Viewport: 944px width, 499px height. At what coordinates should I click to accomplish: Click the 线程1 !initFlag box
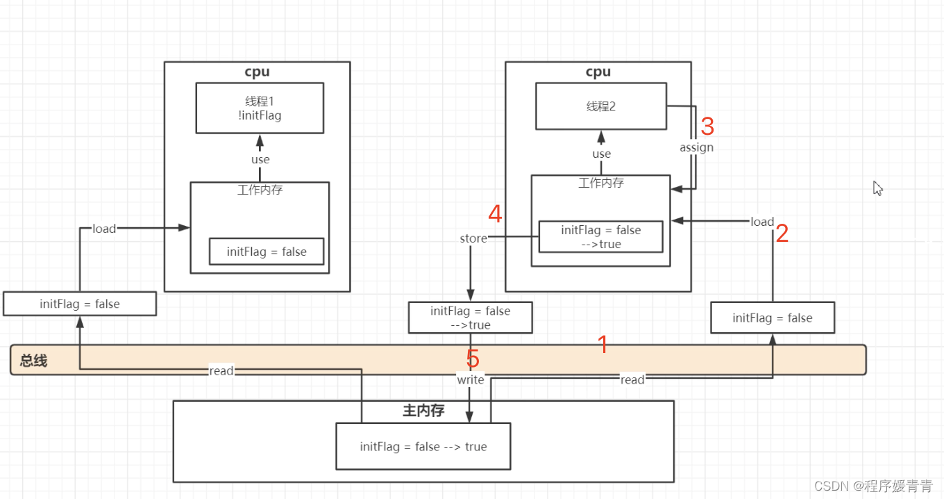(260, 108)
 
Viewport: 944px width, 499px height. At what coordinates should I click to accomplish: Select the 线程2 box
(600, 106)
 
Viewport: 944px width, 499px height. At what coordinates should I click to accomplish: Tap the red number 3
(707, 126)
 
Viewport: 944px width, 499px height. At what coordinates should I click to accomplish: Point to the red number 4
(495, 214)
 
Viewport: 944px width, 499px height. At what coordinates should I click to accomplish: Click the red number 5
(473, 359)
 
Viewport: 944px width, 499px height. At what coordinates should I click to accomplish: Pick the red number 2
(782, 234)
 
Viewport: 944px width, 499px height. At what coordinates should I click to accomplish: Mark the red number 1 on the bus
(602, 344)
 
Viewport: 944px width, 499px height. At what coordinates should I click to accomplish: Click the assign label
(696, 147)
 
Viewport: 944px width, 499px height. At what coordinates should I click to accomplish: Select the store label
(473, 238)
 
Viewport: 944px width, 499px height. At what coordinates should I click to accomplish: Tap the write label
(470, 379)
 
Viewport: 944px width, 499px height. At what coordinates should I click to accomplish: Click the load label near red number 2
(761, 222)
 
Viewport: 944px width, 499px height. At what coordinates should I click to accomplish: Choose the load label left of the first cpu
(104, 229)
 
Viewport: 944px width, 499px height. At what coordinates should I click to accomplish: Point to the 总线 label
(33, 361)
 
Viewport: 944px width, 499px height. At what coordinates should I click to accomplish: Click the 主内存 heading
(423, 411)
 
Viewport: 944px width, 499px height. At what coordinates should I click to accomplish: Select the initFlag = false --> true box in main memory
(423, 446)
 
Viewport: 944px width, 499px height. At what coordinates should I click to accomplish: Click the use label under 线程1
(260, 160)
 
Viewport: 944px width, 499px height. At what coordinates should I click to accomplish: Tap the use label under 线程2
(602, 154)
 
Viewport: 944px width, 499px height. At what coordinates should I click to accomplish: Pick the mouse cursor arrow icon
(877, 188)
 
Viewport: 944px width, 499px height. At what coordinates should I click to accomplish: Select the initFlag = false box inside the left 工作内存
(267, 252)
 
